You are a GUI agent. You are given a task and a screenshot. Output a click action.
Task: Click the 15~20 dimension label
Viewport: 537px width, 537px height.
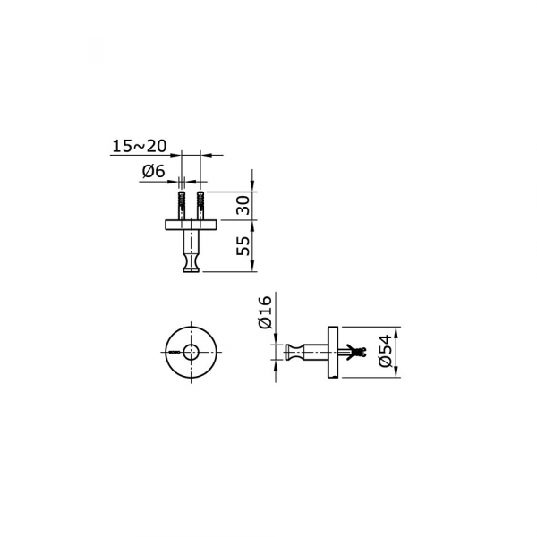click(140, 146)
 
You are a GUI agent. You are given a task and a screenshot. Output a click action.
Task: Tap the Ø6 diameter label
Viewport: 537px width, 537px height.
click(153, 171)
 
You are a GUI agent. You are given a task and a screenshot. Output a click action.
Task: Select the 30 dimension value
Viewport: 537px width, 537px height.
click(243, 205)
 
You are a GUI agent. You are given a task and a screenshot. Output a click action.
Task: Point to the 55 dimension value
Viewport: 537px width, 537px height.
click(243, 245)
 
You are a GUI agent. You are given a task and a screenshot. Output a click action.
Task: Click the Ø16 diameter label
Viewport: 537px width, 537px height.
click(266, 312)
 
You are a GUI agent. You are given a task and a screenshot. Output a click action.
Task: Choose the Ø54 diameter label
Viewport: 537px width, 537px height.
click(386, 351)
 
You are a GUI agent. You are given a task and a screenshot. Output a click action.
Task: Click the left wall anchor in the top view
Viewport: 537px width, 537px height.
click(182, 205)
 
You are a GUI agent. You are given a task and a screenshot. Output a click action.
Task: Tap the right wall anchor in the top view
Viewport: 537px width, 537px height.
click(200, 205)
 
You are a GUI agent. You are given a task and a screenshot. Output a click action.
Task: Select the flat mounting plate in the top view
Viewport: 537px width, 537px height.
click(192, 225)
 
